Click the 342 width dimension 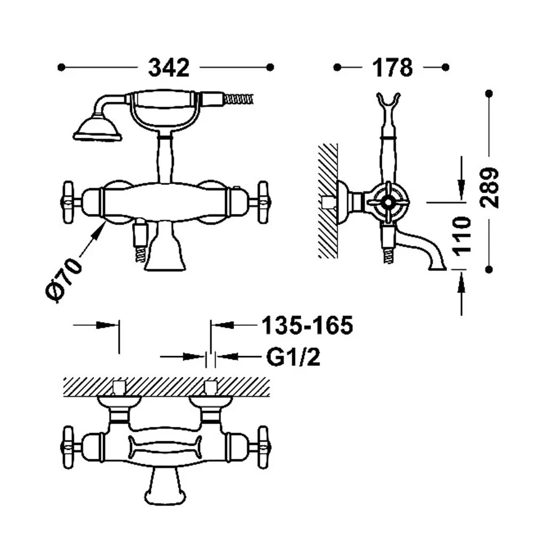pos(169,68)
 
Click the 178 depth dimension pos(392,68)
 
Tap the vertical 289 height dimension pos(490,187)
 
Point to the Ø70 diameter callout pos(64,280)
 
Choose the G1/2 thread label pos(293,357)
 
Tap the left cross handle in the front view pos(69,202)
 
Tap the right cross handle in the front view pos(263,202)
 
